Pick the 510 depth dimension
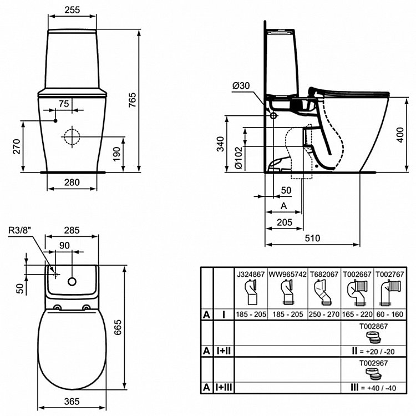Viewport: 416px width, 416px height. (x=313, y=238)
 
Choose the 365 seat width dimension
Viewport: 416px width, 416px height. (x=72, y=401)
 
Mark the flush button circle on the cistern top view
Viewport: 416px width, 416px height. (x=72, y=281)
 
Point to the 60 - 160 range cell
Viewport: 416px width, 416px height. (x=391, y=314)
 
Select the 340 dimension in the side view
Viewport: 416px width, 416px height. (x=221, y=144)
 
